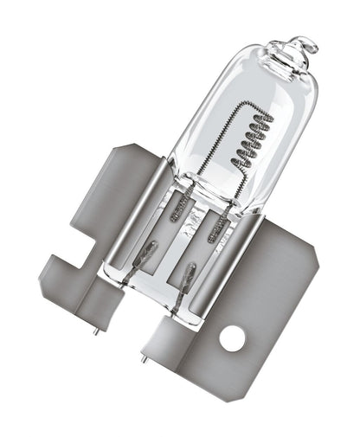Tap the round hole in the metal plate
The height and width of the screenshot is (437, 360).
point(233,339)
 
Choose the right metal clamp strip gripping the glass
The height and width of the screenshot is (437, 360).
point(228,259)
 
